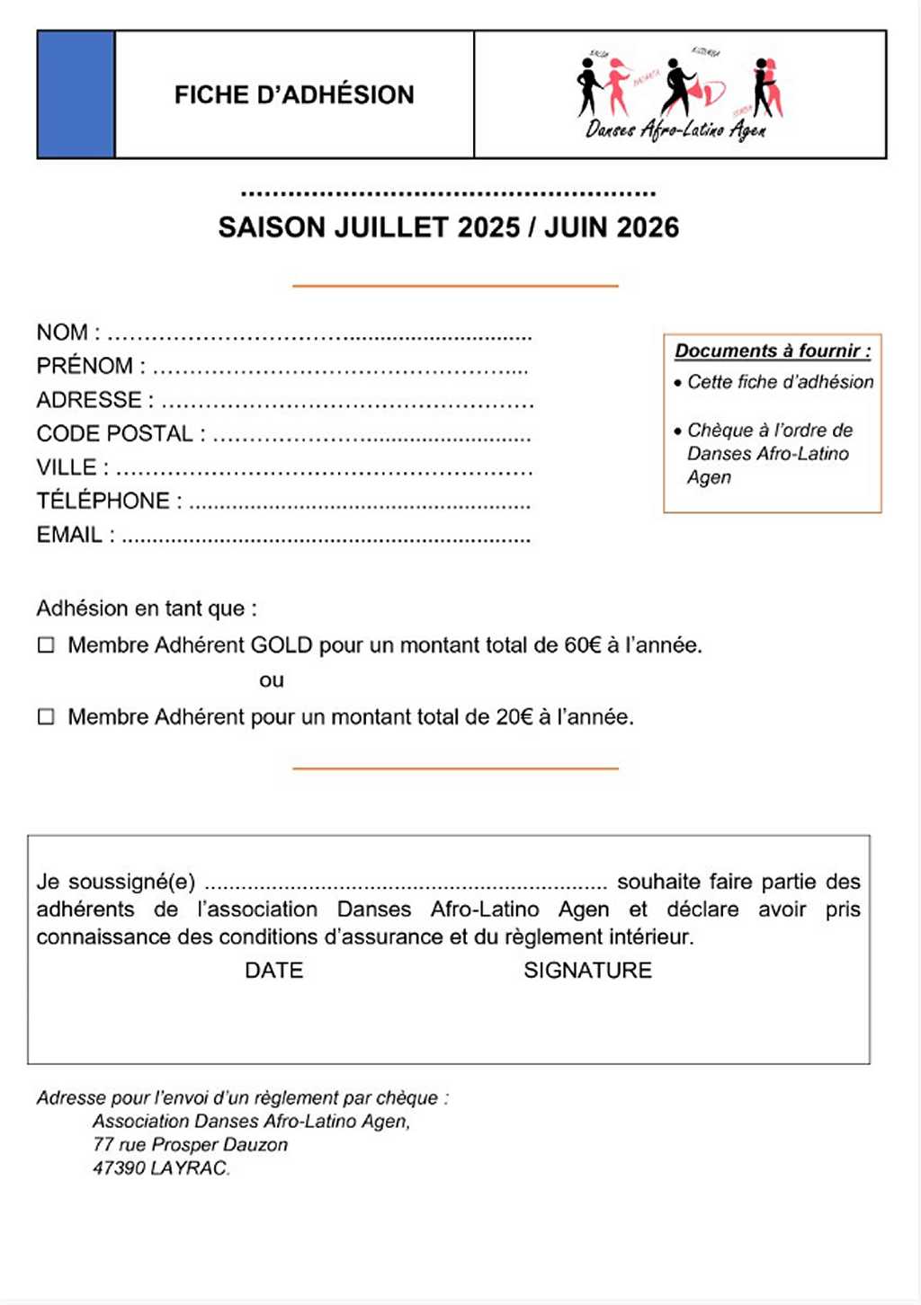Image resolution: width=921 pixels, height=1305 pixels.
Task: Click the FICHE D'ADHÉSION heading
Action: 294,94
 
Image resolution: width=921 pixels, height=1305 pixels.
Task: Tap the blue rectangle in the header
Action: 76,94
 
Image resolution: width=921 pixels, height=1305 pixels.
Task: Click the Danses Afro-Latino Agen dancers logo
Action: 680,94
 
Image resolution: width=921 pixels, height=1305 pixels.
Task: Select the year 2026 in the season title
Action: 648,227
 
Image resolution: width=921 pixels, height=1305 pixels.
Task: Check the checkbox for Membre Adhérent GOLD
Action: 46,645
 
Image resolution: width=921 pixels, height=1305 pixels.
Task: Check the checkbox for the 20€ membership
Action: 46,717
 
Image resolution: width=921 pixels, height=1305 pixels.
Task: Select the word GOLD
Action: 281,645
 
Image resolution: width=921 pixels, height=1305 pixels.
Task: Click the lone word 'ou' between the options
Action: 272,680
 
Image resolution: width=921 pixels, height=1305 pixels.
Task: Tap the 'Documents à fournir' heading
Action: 773,351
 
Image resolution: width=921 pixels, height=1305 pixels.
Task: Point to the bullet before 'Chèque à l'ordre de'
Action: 677,431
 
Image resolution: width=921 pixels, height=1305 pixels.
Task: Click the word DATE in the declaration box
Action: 274,971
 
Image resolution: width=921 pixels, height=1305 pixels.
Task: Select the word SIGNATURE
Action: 587,971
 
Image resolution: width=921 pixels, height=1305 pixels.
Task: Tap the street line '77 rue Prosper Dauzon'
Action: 190,1145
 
